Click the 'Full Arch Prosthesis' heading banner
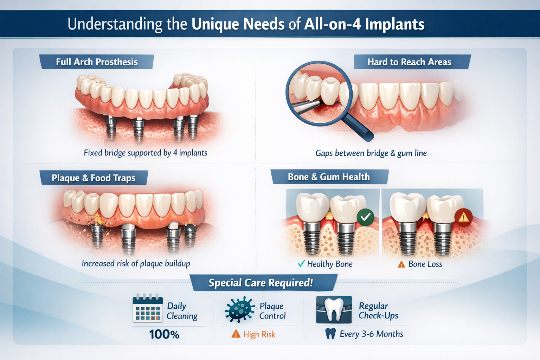coord(97,62)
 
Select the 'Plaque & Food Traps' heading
coord(94,178)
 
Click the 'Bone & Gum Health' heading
coord(329,177)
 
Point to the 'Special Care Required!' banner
coord(261,283)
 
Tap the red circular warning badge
coord(463,218)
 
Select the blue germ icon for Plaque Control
coord(239,309)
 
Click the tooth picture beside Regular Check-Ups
coord(334,309)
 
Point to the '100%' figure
coord(164,334)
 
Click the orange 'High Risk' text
coord(259,335)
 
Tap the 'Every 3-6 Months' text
coord(371,334)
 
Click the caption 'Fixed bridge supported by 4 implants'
coord(146,153)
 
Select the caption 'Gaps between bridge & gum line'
coord(371,153)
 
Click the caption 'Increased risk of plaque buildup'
coord(136,264)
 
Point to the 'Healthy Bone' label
coord(329,264)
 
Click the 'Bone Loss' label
coord(425,264)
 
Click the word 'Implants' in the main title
coord(394,25)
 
